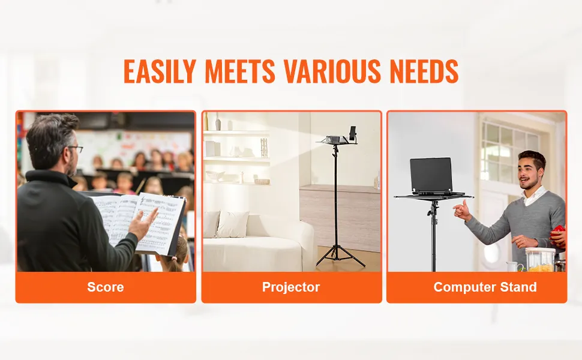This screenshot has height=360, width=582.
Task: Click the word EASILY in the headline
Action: (x=160, y=71)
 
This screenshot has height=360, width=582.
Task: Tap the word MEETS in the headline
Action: (x=240, y=71)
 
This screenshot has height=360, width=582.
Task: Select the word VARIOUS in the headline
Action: (x=332, y=71)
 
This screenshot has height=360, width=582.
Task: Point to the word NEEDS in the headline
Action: (x=424, y=71)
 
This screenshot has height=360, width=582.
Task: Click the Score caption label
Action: (x=106, y=287)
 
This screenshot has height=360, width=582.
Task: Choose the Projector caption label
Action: (x=291, y=287)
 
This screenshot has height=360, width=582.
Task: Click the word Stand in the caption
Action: (x=518, y=287)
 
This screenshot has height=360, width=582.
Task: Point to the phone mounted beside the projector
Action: (x=353, y=133)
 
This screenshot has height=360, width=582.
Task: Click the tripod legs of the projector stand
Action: (x=340, y=256)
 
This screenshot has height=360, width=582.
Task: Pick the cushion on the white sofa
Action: (x=233, y=224)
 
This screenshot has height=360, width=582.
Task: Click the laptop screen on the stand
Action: (x=431, y=174)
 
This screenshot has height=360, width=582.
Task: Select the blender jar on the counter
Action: (x=541, y=260)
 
